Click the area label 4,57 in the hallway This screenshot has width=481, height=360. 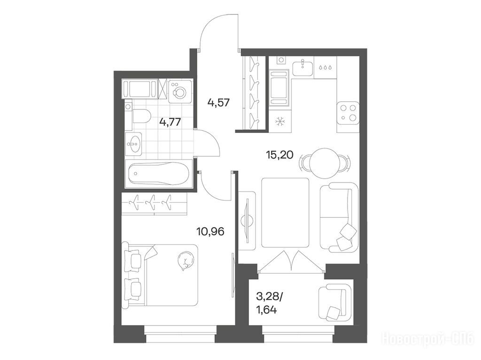(x=218, y=102)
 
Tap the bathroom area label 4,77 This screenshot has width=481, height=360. (x=170, y=122)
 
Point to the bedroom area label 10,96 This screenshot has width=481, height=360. (x=210, y=231)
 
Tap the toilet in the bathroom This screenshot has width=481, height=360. (x=141, y=116)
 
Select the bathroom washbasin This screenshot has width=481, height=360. (x=134, y=143)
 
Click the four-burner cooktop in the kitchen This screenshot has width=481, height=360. (x=348, y=113)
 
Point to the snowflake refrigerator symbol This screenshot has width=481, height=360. (x=279, y=122)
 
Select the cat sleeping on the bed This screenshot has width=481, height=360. (x=186, y=261)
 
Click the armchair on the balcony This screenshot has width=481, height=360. (x=334, y=302)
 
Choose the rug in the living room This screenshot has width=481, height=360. (x=285, y=213)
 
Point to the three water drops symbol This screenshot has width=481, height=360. (x=325, y=68)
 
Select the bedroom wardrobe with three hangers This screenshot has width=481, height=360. (x=154, y=203)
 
